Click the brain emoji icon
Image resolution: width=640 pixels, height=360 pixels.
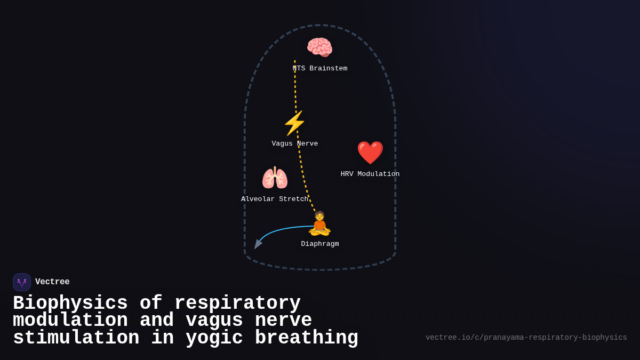[319, 47]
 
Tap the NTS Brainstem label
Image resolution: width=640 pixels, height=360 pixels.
[320, 69]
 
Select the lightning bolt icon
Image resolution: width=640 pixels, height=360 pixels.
[294, 123]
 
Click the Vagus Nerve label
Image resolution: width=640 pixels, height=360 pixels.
[295, 144]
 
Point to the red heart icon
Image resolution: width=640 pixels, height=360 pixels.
[370, 153]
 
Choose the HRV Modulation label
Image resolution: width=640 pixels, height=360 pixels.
[370, 174]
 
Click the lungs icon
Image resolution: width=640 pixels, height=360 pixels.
[275, 178]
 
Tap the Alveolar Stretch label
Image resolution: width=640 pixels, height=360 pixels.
[275, 199]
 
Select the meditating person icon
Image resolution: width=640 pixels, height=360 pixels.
[319, 223]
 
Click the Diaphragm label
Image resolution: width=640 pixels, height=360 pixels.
[320, 244]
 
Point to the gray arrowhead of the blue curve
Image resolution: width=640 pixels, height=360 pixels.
[258, 244]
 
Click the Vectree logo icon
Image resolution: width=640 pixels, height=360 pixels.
[22, 282]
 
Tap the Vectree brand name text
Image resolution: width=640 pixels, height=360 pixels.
[52, 282]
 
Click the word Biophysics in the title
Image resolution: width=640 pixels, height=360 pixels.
[70, 303]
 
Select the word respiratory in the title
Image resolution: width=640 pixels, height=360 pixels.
[237, 303]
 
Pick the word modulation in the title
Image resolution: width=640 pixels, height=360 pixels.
[70, 321]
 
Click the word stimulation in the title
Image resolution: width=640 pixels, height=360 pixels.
[76, 338]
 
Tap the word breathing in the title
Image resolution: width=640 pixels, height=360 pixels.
[307, 338]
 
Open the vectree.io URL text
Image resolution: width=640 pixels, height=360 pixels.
[526, 338]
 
